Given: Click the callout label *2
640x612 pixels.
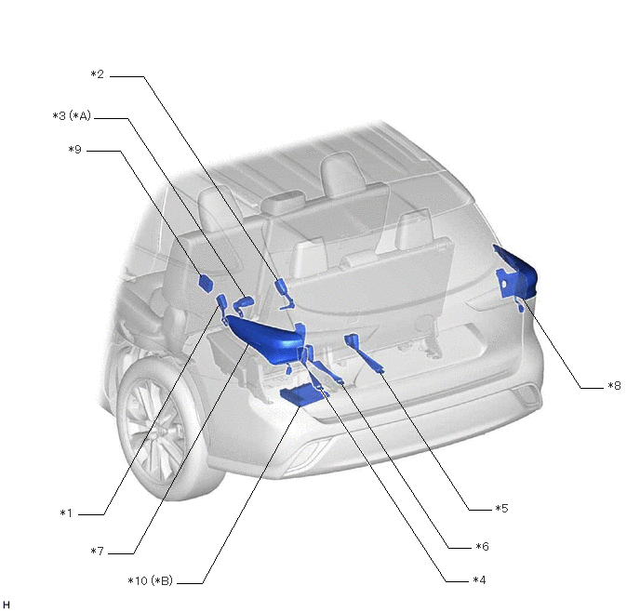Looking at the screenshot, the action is point(97,74).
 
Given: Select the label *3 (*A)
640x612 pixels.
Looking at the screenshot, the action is point(72,116).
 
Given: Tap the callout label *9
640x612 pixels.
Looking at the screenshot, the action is point(75,150).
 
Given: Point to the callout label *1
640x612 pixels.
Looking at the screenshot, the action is point(66,513).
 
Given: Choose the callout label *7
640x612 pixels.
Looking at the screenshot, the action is point(97,552).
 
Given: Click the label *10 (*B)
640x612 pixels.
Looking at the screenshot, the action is point(151,580).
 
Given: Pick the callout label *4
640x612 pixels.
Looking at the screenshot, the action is point(480,580).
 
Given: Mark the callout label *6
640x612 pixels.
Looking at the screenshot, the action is point(483,546).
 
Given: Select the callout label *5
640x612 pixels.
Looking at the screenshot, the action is point(501,509).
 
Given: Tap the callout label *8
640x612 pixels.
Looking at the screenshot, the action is point(614,386).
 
